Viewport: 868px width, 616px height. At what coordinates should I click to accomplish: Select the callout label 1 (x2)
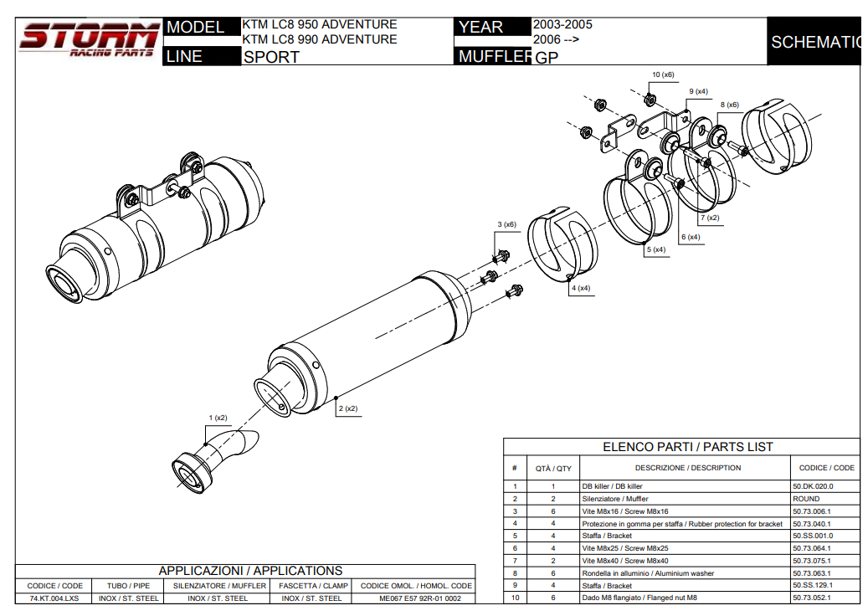pyautogui.click(x=218, y=417)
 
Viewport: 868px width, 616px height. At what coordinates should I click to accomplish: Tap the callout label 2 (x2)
pyautogui.click(x=347, y=408)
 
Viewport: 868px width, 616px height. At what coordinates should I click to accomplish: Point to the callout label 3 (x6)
pyautogui.click(x=506, y=224)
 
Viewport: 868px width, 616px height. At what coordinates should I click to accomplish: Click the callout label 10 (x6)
pyautogui.click(x=662, y=74)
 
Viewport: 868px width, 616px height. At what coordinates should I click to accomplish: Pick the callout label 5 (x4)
pyautogui.click(x=655, y=249)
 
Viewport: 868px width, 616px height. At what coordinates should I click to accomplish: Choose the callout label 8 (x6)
pyautogui.click(x=729, y=105)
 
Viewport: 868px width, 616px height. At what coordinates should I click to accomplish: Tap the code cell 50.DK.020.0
pyautogui.click(x=813, y=486)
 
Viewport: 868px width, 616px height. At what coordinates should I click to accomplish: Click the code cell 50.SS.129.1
pyautogui.click(x=813, y=586)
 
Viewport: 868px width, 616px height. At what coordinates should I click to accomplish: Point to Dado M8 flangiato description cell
pyautogui.click(x=639, y=598)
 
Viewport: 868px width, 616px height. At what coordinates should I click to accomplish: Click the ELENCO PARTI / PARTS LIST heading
pyautogui.click(x=688, y=447)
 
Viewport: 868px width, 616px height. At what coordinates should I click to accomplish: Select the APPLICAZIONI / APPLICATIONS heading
pyautogui.click(x=250, y=571)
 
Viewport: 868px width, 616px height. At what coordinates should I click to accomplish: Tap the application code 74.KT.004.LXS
pyautogui.click(x=55, y=598)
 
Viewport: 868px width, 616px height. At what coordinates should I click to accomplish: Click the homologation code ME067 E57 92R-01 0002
pyautogui.click(x=415, y=598)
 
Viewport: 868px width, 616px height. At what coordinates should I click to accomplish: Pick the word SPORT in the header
pyautogui.click(x=271, y=58)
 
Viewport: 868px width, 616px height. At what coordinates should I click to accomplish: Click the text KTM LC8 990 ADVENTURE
pyautogui.click(x=319, y=39)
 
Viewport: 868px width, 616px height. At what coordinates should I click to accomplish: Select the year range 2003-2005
pyautogui.click(x=562, y=24)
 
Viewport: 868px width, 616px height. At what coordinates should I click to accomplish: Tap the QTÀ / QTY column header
pyautogui.click(x=553, y=468)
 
